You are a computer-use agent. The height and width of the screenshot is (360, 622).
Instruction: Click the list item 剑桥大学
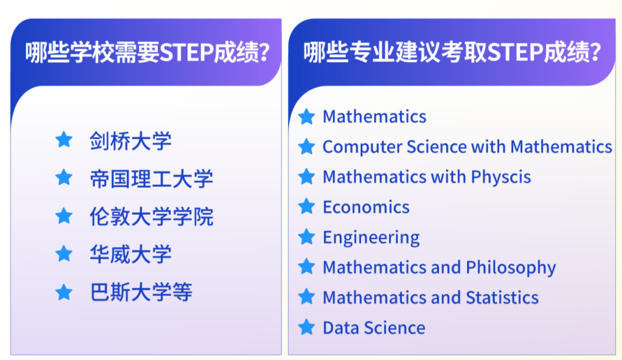click(130, 141)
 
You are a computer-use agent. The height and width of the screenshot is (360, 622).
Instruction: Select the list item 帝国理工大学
click(151, 179)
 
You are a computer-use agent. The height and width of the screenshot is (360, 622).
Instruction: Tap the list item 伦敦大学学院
click(151, 217)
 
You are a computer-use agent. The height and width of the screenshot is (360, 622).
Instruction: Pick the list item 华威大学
click(130, 255)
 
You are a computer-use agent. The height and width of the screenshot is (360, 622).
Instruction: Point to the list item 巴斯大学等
click(141, 293)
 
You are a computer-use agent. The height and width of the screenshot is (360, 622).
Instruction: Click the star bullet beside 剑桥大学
click(63, 140)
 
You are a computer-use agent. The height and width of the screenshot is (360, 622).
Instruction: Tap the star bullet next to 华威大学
click(63, 254)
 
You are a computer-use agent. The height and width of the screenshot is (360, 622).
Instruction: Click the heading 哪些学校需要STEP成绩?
click(147, 53)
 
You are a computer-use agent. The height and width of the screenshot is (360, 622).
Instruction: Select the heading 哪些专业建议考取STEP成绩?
click(452, 53)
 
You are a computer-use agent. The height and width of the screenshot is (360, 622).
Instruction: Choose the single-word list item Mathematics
click(374, 116)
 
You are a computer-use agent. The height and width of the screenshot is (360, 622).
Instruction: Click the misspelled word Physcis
click(501, 177)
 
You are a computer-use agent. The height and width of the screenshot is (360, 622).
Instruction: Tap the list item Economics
click(366, 207)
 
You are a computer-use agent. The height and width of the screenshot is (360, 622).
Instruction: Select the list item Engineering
click(371, 237)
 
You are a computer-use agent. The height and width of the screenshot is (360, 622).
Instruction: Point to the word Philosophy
click(511, 267)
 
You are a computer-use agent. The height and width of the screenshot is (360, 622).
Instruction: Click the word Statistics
click(502, 297)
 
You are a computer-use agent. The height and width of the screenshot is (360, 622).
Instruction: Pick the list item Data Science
click(374, 328)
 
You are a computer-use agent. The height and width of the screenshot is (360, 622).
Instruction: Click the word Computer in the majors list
click(362, 147)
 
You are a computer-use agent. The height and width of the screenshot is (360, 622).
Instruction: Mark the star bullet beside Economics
click(307, 206)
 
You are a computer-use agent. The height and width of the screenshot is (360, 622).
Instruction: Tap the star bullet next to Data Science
click(307, 327)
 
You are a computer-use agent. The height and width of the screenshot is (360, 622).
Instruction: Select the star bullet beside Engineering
click(307, 237)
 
